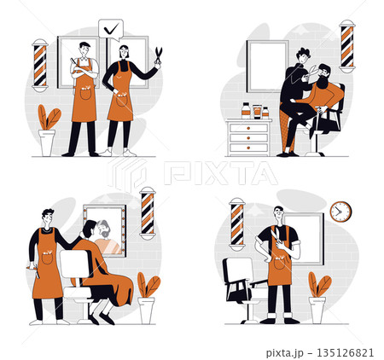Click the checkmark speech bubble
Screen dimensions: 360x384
[x=111, y=29]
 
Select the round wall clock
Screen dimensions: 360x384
[x=340, y=210]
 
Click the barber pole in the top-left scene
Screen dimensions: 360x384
[x=40, y=65]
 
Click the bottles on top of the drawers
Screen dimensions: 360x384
[x=254, y=111]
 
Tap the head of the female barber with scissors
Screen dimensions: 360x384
[x=125, y=54]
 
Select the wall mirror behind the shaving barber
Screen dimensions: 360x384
[x=266, y=67]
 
